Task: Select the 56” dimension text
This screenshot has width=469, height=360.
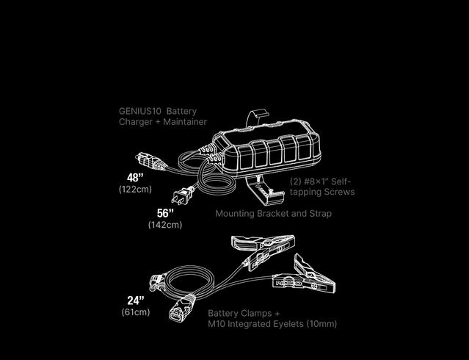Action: pyautogui.click(x=165, y=213)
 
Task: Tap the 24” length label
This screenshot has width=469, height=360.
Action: pyautogui.click(x=136, y=300)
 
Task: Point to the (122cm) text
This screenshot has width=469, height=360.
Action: pyautogui.click(x=135, y=190)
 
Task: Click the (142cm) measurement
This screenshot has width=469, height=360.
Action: pyautogui.click(x=165, y=225)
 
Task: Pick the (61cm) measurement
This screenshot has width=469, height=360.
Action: pyautogui.click(x=136, y=312)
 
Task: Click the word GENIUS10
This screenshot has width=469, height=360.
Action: pyautogui.click(x=140, y=111)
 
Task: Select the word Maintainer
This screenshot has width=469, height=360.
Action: pyautogui.click(x=185, y=122)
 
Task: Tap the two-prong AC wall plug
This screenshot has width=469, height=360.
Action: pyautogui.click(x=183, y=195)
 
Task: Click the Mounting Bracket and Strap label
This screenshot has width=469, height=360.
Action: pyautogui.click(x=273, y=214)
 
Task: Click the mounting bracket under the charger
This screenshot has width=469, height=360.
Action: pyautogui.click(x=263, y=190)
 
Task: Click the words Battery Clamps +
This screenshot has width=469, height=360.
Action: pyautogui.click(x=244, y=313)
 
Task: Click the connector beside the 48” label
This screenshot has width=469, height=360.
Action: pyautogui.click(x=150, y=162)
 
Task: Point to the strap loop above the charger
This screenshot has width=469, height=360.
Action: pyautogui.click(x=257, y=118)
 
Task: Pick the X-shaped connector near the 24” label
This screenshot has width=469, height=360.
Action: pyautogui.click(x=181, y=308)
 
